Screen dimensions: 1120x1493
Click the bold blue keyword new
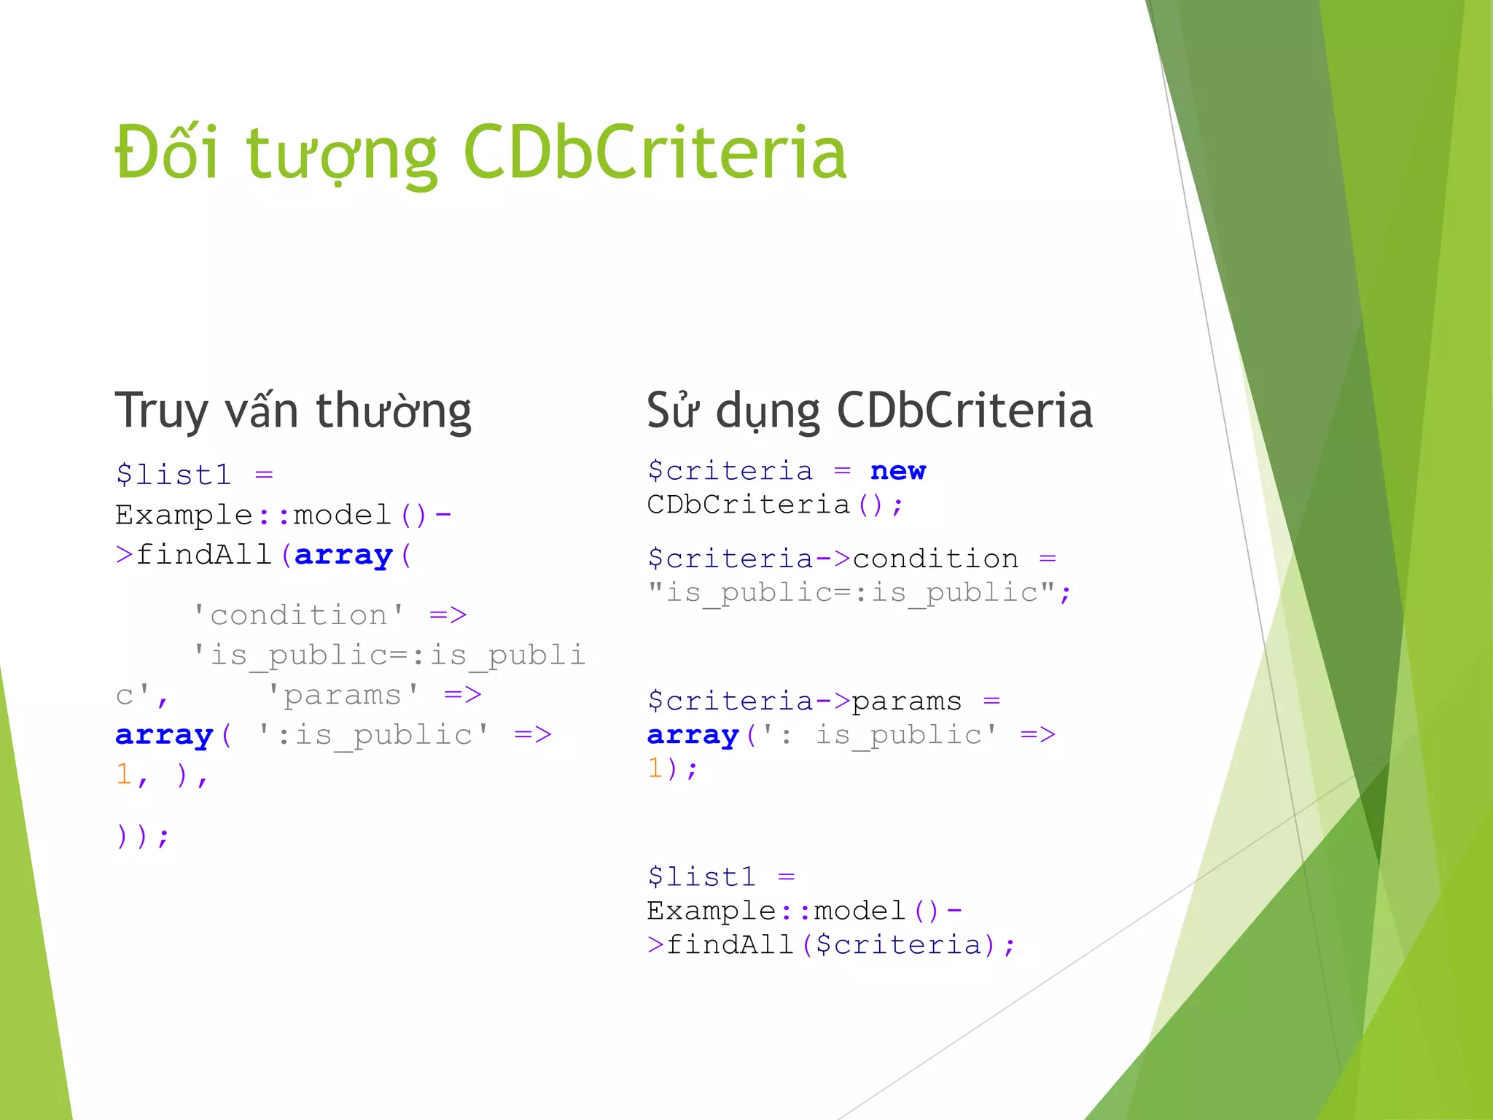point(897,471)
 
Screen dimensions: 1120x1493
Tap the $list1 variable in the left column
point(174,475)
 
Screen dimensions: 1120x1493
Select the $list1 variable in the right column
point(701,876)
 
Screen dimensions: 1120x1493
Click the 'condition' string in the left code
point(298,615)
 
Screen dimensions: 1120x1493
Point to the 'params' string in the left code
point(343,695)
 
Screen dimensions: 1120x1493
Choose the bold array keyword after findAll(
point(343,556)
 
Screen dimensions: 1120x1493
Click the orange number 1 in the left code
point(123,774)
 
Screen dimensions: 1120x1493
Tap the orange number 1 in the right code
point(655,768)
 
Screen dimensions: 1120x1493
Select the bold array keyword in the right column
point(693,735)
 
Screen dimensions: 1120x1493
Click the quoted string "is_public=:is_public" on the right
point(852,592)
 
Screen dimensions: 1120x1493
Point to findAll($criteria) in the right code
point(831,945)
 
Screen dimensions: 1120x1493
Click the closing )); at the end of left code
point(142,836)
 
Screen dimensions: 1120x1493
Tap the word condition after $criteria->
point(935,559)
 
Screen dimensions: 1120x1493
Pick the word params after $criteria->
point(906,701)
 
